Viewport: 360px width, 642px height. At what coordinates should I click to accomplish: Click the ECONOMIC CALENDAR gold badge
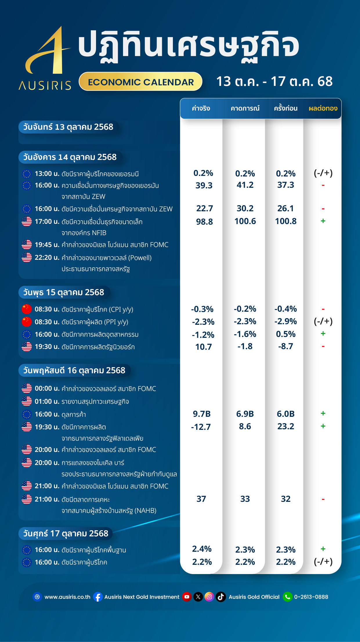click(141, 82)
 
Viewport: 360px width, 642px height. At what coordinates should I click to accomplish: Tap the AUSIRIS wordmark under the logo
click(45, 86)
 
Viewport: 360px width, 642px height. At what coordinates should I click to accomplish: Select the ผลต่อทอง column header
click(323, 109)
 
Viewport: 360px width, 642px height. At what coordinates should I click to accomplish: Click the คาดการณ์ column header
click(245, 109)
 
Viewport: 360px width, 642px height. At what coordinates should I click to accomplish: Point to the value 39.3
click(204, 185)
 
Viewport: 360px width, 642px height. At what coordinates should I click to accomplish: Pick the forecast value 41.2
click(245, 185)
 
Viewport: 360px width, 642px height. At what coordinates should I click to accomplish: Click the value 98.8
click(204, 222)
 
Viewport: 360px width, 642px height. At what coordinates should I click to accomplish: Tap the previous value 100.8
click(285, 221)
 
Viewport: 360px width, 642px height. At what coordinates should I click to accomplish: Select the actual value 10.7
click(203, 347)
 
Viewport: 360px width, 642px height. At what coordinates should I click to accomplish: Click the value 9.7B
click(202, 414)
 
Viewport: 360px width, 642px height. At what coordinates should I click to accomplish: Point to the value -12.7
click(201, 427)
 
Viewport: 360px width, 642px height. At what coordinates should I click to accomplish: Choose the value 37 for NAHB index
click(201, 499)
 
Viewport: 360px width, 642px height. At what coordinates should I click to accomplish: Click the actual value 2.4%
click(202, 549)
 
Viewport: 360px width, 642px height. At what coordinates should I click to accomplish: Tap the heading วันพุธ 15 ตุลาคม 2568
click(64, 292)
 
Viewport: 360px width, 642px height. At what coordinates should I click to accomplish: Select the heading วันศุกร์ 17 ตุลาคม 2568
click(66, 533)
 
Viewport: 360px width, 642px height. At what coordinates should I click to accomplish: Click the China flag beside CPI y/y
click(27, 309)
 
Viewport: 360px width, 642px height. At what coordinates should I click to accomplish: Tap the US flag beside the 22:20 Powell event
click(27, 257)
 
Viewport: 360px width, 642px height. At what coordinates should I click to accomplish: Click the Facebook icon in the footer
click(98, 597)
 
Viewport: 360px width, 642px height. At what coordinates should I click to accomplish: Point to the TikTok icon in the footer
click(221, 597)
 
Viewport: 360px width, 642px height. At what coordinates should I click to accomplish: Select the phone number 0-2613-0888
click(311, 597)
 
